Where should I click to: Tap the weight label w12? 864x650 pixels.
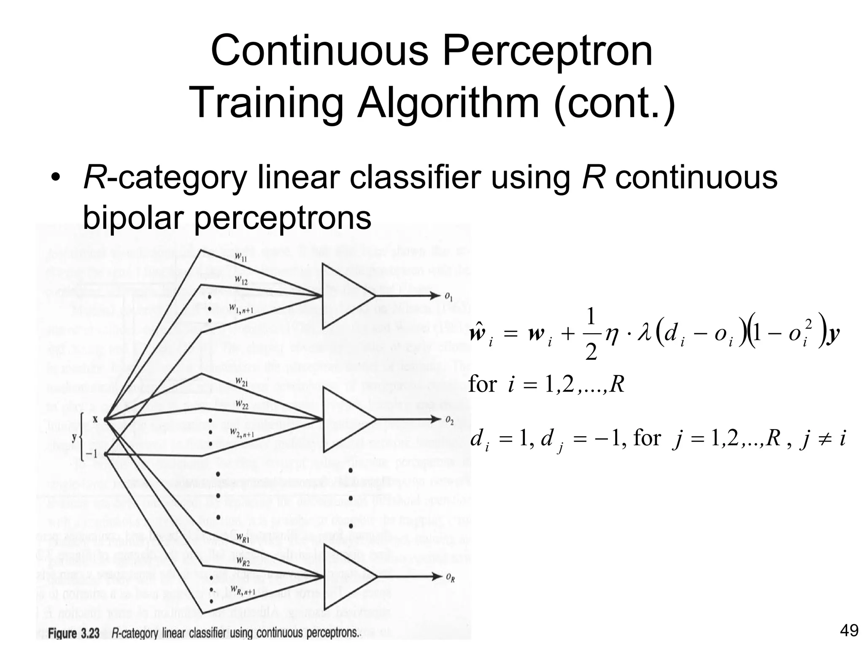[241, 280]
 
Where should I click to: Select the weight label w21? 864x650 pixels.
[242, 382]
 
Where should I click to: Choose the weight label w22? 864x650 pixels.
[242, 405]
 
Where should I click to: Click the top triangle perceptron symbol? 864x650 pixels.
[346, 297]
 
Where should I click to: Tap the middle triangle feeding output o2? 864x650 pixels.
[346, 419]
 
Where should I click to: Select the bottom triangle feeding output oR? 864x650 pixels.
[346, 577]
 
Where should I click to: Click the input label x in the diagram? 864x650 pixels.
[95, 419]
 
